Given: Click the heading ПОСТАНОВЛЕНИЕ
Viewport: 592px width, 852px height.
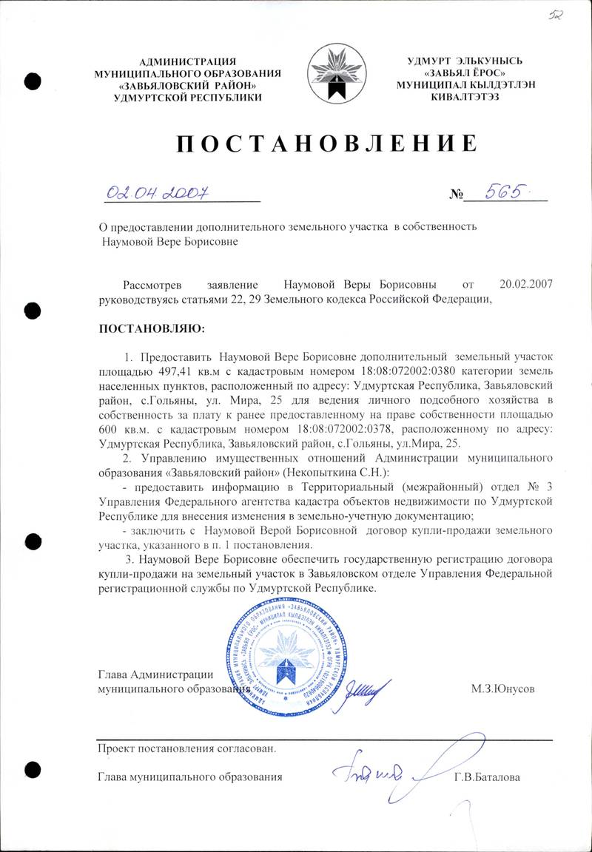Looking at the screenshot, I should pos(326,143).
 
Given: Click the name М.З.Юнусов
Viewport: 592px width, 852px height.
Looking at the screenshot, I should pos(502,688).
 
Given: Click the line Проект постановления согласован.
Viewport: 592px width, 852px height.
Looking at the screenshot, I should pos(186,748).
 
